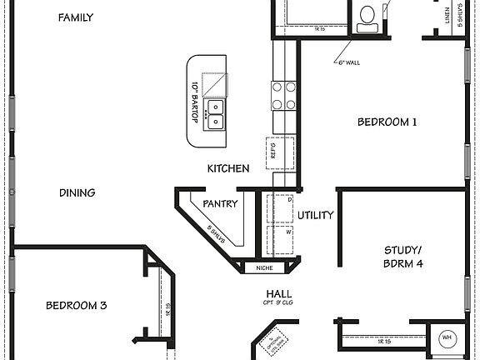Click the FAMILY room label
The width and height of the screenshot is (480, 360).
76,17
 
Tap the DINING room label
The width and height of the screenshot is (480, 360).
77,192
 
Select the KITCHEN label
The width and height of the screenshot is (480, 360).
228,168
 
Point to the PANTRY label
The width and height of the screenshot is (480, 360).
220,203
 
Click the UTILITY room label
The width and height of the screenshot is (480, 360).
316,215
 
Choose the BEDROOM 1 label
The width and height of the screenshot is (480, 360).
387,122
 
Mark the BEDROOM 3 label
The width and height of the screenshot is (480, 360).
76,305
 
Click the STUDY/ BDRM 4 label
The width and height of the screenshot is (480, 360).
403,257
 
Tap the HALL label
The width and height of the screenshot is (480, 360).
278,294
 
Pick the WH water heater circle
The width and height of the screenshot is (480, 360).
447,337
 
